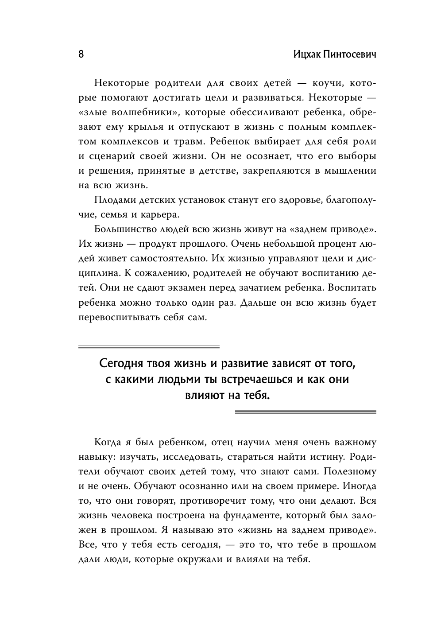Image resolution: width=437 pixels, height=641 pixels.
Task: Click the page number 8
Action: click(81, 54)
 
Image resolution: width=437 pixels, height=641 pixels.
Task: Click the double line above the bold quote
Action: click(149, 347)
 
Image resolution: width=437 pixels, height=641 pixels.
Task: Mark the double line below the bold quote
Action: click(305, 412)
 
